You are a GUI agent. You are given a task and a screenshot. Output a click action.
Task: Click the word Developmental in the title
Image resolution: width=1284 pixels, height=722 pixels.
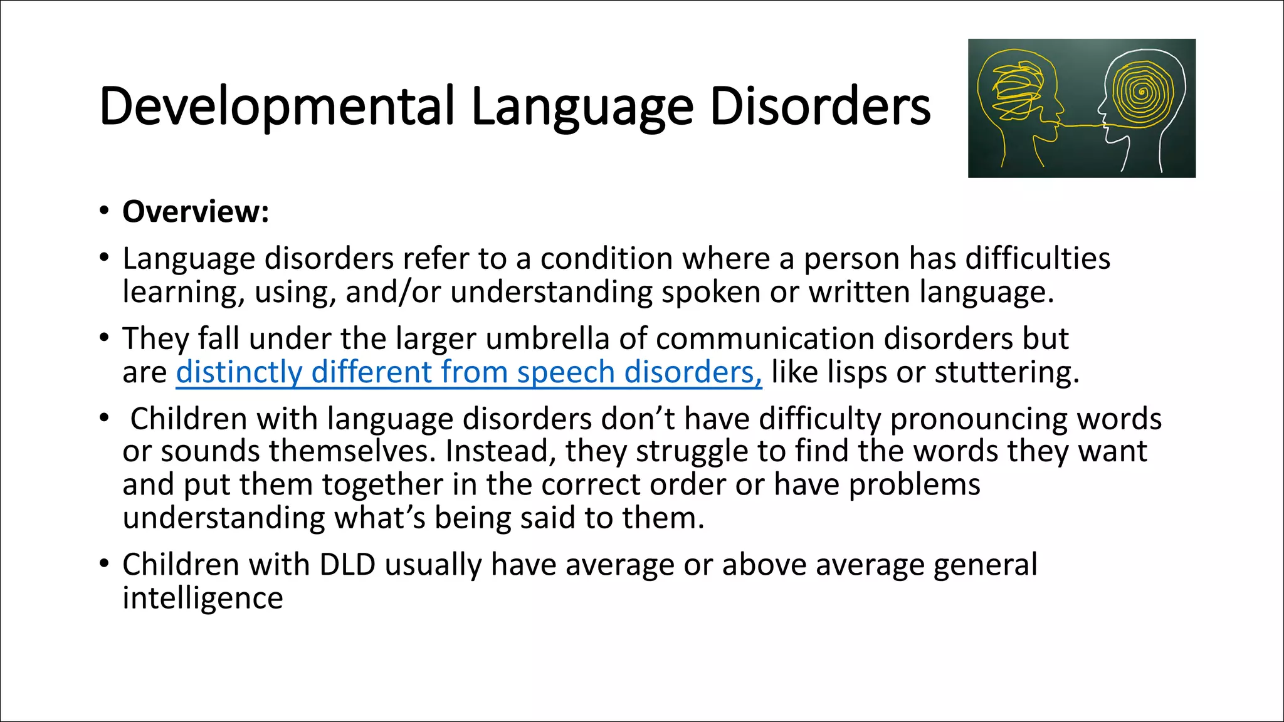276,107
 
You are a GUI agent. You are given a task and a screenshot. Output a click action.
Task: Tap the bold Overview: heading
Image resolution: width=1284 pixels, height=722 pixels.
196,211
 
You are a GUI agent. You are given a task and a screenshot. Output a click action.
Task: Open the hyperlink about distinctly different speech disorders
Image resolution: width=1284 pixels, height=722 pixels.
468,372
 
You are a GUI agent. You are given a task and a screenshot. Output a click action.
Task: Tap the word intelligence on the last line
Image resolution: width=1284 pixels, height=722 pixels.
203,598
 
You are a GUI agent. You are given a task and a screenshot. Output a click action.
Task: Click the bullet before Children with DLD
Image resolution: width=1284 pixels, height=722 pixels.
104,563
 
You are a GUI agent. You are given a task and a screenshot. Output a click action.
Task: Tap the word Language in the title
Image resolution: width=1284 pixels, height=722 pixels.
582,107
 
